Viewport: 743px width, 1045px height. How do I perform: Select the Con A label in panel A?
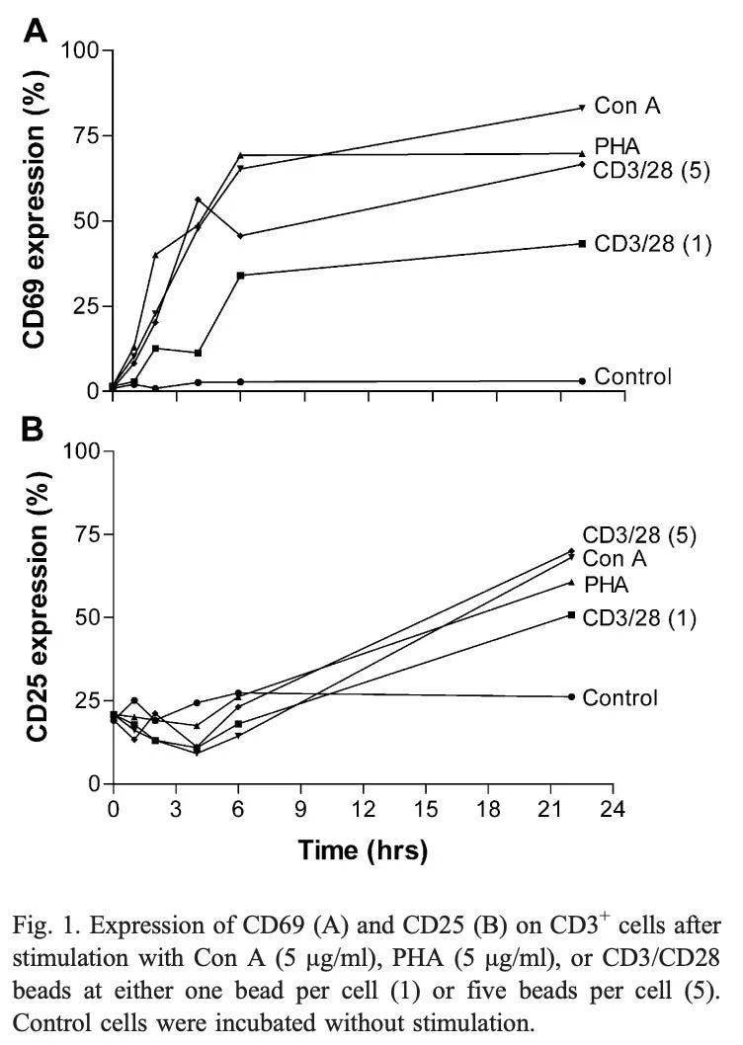(x=626, y=106)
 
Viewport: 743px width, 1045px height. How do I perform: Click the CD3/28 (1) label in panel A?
(x=653, y=243)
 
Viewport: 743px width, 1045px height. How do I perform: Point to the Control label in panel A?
(x=633, y=376)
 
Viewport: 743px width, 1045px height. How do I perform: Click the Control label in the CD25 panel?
(x=619, y=697)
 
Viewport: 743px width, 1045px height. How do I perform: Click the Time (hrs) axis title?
(x=363, y=850)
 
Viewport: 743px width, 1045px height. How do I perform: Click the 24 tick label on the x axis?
(x=613, y=809)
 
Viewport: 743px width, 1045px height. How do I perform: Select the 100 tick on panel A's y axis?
(x=79, y=49)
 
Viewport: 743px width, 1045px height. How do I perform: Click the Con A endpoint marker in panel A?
(x=582, y=108)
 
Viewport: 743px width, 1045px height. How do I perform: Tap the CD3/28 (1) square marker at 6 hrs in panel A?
(x=241, y=276)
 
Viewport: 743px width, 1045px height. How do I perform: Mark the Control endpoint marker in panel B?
(x=571, y=696)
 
